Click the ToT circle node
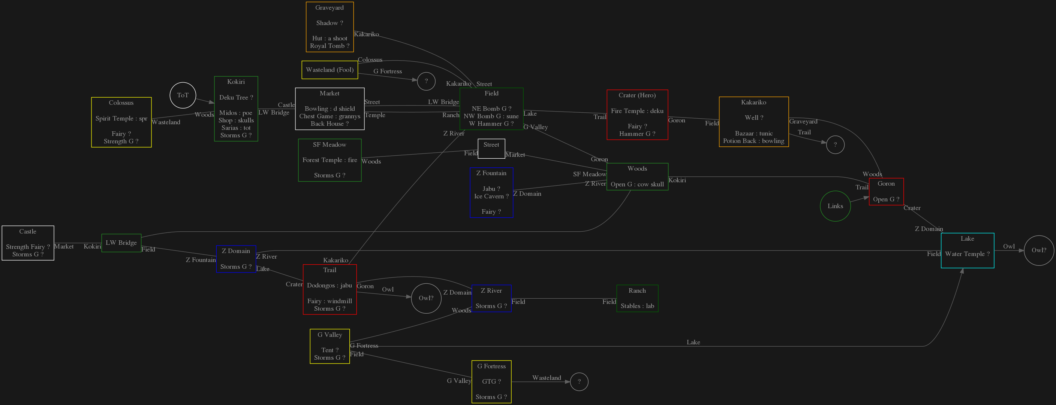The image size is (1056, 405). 183,95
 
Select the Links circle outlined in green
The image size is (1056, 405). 835,206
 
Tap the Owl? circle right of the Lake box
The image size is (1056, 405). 1038,250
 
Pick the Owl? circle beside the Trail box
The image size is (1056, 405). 426,298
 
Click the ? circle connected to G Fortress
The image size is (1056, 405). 579,382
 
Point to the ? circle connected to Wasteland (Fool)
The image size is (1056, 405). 426,81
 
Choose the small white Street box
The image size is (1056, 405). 491,148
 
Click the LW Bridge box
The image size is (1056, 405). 121,243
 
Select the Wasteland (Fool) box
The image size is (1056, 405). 330,70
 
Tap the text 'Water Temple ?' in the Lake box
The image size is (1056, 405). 967,254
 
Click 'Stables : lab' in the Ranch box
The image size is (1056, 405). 637,306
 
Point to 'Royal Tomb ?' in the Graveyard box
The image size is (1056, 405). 330,46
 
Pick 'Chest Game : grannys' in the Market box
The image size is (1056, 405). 330,116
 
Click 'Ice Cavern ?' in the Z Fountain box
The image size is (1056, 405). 491,196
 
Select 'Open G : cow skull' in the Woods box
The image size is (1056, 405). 637,184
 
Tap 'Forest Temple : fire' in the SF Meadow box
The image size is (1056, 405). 330,160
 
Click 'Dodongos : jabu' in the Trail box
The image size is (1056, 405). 330,286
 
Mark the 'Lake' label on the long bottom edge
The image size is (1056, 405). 693,342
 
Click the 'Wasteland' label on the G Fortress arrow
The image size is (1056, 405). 547,378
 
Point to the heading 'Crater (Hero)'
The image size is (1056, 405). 637,95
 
